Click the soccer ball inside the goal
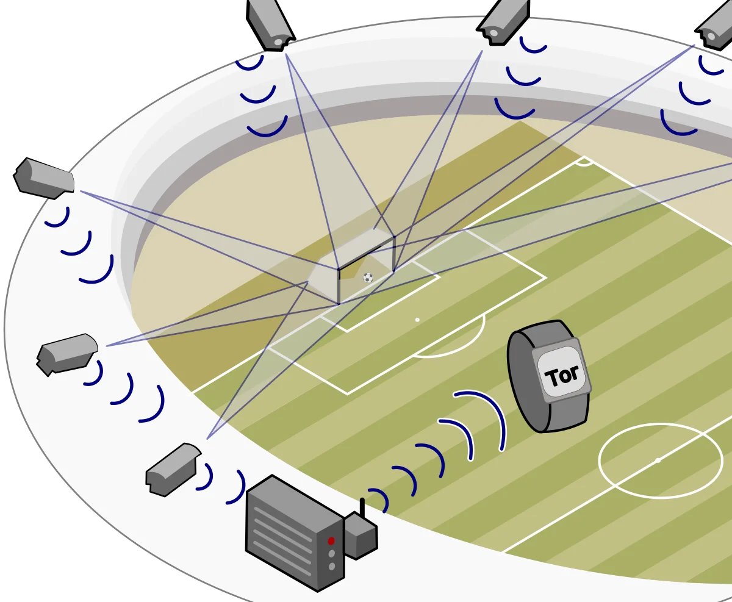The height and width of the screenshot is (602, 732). [x=368, y=278]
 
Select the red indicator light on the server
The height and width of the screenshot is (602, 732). [x=331, y=540]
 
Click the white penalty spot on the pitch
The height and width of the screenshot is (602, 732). [x=417, y=320]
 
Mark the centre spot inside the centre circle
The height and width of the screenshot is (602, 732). [x=658, y=460]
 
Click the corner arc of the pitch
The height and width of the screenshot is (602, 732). [x=584, y=162]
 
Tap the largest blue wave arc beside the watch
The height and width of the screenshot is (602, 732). [x=488, y=415]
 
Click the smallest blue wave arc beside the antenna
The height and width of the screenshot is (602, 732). [x=379, y=500]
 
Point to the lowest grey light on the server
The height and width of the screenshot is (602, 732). [x=331, y=567]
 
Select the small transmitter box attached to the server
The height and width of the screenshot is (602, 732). [x=361, y=536]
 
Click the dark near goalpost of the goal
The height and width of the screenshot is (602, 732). [x=338, y=286]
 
